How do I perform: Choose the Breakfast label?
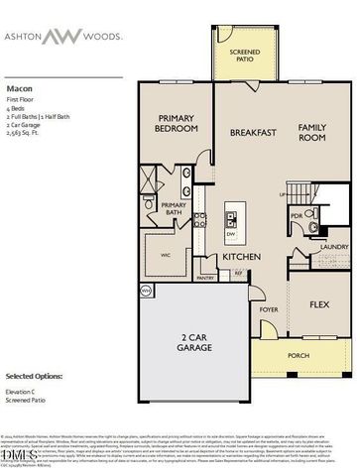click(252, 132)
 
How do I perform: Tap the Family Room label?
click(312, 132)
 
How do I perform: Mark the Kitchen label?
click(241, 257)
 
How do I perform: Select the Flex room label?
click(319, 303)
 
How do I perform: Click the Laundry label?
click(333, 248)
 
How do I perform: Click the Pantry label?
click(205, 278)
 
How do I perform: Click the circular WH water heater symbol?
click(144, 291)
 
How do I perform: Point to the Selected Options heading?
click(34, 377)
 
